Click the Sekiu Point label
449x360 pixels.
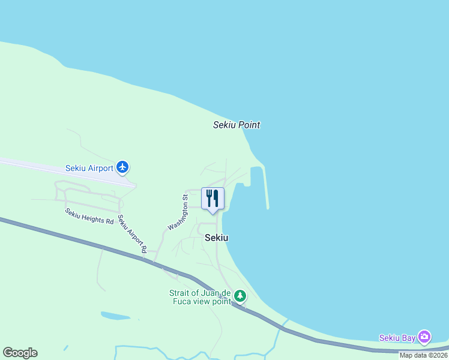[x=237, y=125]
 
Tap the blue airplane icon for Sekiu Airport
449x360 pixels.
[x=123, y=167]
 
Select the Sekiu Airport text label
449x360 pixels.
[x=89, y=168]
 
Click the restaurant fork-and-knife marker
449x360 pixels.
[x=212, y=198]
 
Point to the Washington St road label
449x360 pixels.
[x=178, y=212]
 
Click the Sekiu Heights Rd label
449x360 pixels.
[x=89, y=217]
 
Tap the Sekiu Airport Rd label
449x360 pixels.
[x=132, y=234]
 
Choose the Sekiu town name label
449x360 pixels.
[x=216, y=238]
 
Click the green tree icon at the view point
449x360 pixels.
[x=240, y=295]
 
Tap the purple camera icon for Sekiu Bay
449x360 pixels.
[x=424, y=337]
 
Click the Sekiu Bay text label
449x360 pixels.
[x=397, y=338]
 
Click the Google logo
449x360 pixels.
[x=20, y=353]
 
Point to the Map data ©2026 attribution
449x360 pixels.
[x=423, y=355]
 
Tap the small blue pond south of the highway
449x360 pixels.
[x=115, y=316]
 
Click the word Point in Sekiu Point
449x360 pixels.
[x=249, y=125]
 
